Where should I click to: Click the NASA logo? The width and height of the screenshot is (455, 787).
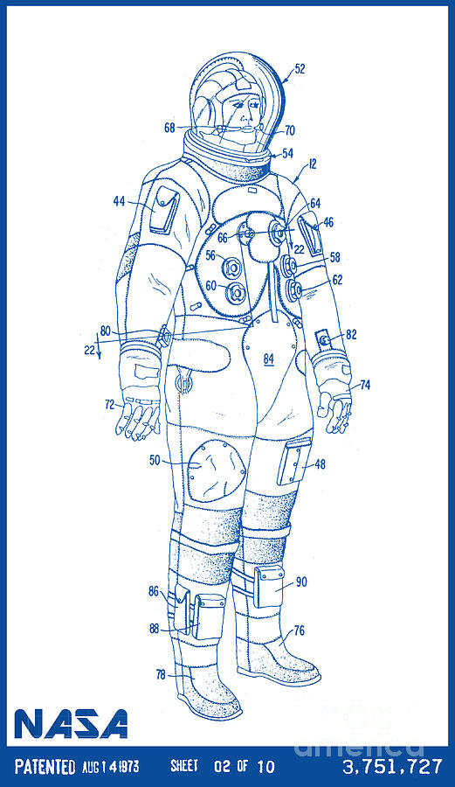[x=71, y=723]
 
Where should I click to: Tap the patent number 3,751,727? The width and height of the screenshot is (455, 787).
[x=392, y=766]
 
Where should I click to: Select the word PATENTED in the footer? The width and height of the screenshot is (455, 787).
[x=45, y=766]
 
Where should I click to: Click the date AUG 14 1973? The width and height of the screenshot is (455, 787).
[x=111, y=766]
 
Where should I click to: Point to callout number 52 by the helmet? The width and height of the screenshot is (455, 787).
[x=300, y=69]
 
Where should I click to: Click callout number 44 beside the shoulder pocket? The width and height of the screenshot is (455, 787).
[x=119, y=201]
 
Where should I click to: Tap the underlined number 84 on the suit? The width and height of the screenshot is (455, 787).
[x=269, y=359]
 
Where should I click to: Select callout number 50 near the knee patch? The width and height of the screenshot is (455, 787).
[x=155, y=460]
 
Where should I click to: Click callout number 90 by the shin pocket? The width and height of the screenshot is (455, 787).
[x=301, y=582]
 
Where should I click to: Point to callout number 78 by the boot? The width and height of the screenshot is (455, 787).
[x=161, y=674]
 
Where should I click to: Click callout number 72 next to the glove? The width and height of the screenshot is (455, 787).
[x=110, y=404]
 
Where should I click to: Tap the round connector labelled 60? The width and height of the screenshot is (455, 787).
[x=235, y=293]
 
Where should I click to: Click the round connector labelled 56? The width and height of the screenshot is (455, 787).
[x=233, y=267]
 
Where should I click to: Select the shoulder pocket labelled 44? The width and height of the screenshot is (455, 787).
[x=164, y=210]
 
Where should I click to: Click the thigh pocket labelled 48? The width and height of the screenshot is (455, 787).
[x=294, y=462]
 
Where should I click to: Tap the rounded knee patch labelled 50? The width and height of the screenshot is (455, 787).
[x=217, y=470]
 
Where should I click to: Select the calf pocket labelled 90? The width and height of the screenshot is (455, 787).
[x=269, y=586]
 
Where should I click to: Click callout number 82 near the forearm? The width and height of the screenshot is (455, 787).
[x=351, y=334]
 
